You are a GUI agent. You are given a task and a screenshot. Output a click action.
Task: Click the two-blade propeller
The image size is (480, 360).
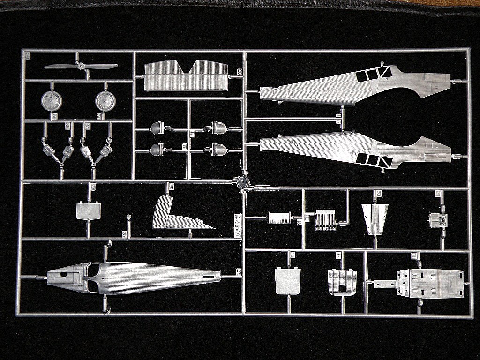[x=81, y=67]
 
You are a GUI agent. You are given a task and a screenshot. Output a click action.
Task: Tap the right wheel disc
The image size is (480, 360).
[x=105, y=100]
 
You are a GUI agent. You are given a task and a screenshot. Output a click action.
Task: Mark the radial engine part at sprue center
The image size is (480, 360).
[x=242, y=182]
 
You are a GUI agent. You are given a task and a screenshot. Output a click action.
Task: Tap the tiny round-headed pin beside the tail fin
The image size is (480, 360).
[x=129, y=217]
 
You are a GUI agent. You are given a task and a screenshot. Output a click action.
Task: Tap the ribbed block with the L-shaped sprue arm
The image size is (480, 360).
[x=324, y=219]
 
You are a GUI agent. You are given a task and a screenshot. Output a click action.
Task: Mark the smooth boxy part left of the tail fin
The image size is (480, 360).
[x=89, y=211]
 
